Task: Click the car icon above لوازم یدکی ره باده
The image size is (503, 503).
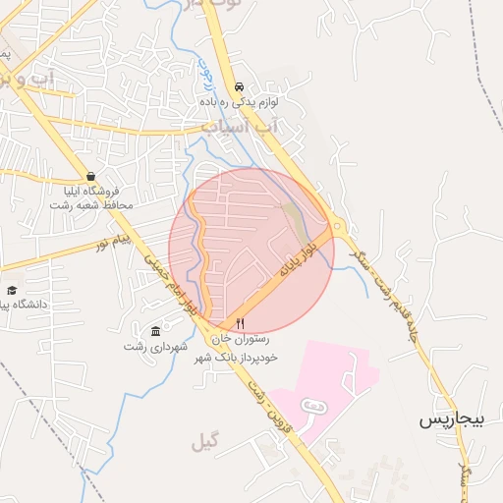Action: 241,85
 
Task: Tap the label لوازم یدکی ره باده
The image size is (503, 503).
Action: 242,101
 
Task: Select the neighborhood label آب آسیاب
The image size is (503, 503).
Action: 242,127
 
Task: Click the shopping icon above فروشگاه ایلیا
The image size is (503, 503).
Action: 90,177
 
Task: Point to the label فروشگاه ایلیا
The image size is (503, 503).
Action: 90,192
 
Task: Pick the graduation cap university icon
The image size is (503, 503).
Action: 12,291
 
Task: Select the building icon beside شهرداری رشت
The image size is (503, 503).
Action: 155,330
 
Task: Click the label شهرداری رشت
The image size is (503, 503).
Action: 148,346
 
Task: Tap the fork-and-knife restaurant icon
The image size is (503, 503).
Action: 240,322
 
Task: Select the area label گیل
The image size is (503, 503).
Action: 205,445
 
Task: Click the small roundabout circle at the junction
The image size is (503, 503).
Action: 338,227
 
